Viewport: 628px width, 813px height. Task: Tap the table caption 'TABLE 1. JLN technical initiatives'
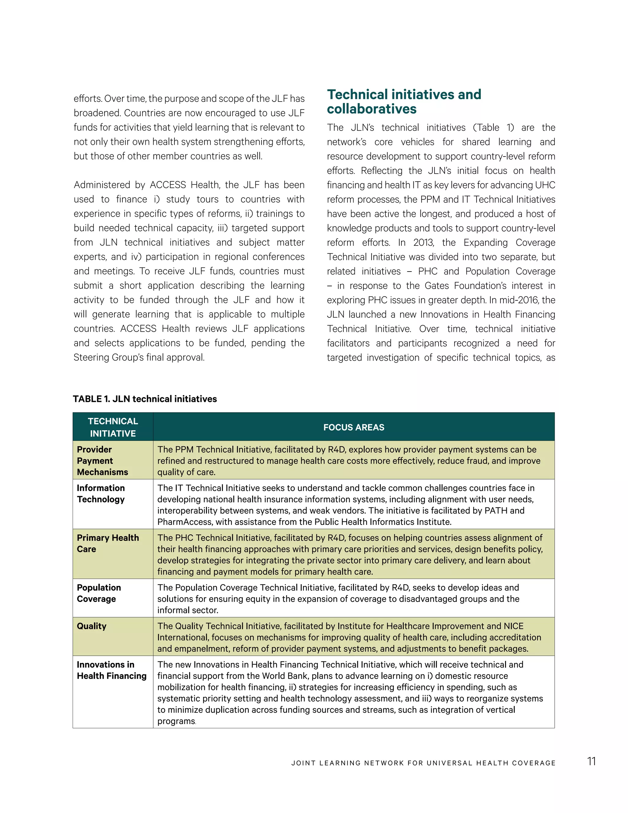(145, 399)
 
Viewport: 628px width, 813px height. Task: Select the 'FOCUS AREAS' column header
(354, 427)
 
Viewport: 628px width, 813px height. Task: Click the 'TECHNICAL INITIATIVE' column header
(113, 427)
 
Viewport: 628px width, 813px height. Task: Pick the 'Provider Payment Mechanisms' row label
(102, 460)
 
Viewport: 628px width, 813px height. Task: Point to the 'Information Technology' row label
(101, 493)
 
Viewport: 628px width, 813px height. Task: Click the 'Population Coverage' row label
(99, 593)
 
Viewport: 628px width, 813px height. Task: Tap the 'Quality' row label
(91, 626)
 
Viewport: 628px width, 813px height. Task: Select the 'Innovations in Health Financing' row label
(112, 670)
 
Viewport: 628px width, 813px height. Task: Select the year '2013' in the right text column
(423, 243)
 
